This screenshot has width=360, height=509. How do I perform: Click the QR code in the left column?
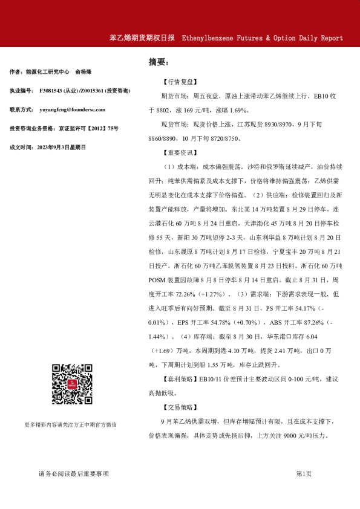pos(71,384)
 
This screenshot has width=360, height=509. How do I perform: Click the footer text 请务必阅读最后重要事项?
pos(73,474)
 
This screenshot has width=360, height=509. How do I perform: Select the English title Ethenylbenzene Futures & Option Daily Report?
pos(262,37)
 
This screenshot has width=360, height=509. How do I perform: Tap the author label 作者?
pos(16,72)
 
